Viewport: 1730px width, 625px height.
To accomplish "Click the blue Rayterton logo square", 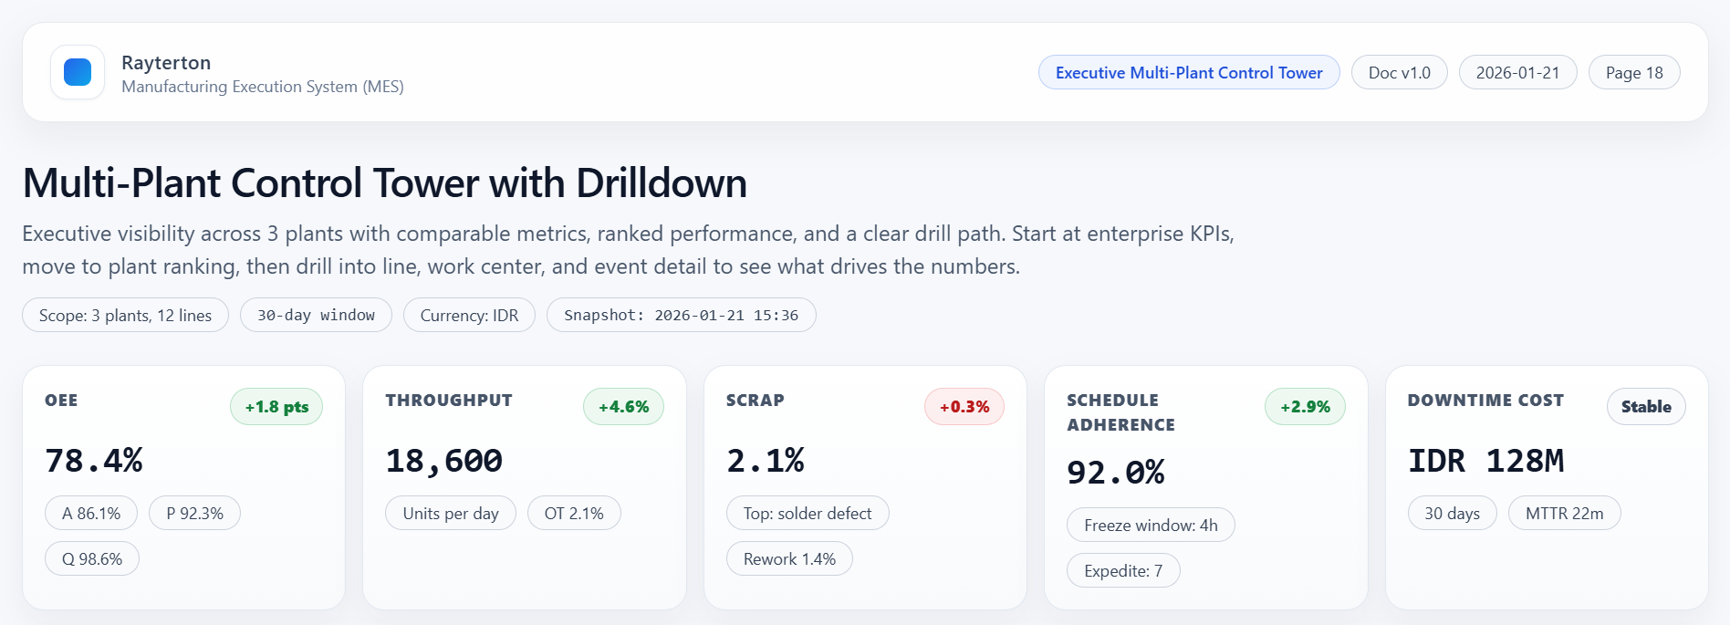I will pos(78,72).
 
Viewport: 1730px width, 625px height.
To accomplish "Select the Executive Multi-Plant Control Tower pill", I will pos(1188,73).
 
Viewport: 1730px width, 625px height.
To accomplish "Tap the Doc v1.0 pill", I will pos(1399,73).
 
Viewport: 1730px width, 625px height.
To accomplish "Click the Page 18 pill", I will pos(1633,73).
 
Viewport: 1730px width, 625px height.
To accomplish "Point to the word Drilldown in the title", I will pos(661,183).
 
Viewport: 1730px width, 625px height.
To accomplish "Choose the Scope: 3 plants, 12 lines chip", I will pos(125,316).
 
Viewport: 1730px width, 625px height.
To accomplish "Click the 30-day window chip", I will pos(316,316).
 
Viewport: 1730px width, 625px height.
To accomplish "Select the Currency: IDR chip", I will pos(469,316).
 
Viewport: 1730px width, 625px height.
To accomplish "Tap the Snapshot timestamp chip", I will pos(681,316).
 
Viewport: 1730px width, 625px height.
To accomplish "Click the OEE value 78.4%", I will pos(94,461).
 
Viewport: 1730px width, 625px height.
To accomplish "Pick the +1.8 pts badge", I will pos(276,407).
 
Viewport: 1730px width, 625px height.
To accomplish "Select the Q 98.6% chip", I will pos(92,559).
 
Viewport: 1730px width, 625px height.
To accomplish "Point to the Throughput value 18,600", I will pos(443,461).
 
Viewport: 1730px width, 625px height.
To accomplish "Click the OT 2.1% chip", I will pos(574,514).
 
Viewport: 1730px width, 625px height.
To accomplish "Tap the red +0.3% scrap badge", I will pos(964,407).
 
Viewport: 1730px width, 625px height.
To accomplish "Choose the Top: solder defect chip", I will pos(808,514).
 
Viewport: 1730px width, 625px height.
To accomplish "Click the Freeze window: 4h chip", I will pos(1151,526).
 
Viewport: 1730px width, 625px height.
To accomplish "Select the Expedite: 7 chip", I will pos(1123,571).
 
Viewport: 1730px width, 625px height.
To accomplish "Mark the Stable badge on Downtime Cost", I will pos(1646,407).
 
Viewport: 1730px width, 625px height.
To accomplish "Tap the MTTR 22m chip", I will pos(1564,514).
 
